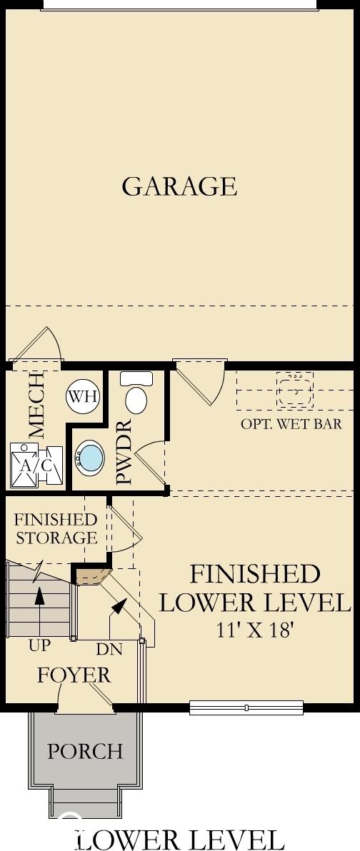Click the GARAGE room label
(x=179, y=186)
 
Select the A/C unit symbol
(x=36, y=465)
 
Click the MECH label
(x=36, y=405)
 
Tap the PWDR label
(x=124, y=451)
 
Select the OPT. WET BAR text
(x=291, y=423)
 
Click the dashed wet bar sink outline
(x=295, y=389)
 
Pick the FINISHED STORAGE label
(x=56, y=528)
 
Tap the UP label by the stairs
(x=40, y=646)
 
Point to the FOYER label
(x=74, y=675)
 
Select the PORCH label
(x=85, y=751)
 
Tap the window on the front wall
(x=246, y=708)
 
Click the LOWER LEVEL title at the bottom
(x=179, y=839)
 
